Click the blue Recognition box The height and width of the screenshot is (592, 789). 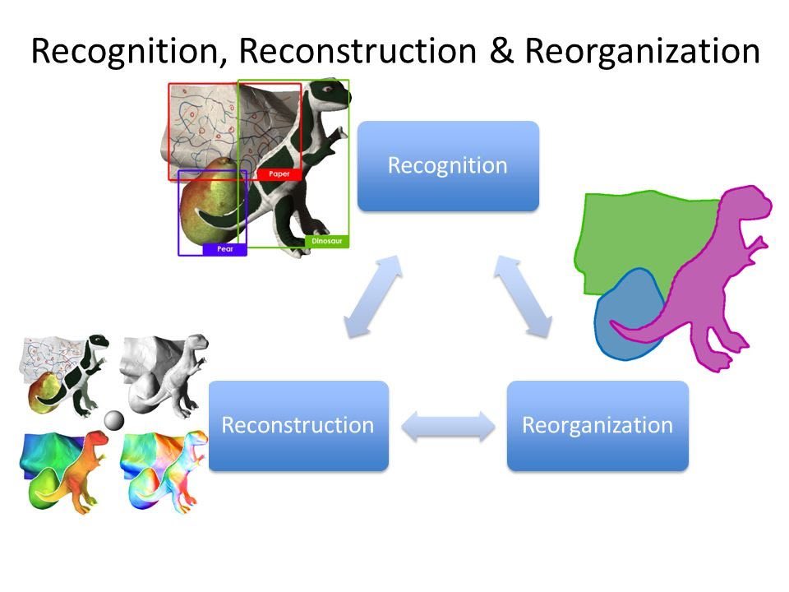[x=448, y=166]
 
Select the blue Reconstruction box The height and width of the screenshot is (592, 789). [x=298, y=425]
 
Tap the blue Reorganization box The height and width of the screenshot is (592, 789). [x=598, y=425]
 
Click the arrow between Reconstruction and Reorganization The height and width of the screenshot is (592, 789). [x=448, y=426]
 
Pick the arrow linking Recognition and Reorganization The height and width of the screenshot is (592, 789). [x=523, y=296]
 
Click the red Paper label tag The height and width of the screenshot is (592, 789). [x=279, y=174]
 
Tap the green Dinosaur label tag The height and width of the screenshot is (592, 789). [x=327, y=242]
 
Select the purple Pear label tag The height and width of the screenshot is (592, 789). [x=224, y=249]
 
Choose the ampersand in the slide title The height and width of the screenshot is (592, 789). [x=500, y=51]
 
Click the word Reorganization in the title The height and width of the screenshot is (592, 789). [x=642, y=51]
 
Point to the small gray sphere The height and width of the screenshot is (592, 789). [x=113, y=421]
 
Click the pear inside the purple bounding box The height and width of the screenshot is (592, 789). [x=205, y=210]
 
